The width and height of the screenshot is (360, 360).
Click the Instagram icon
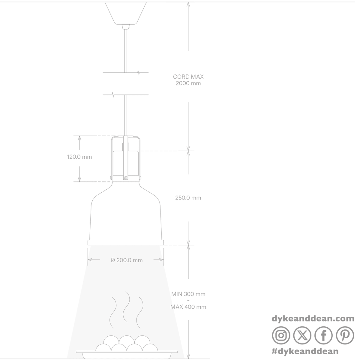pyautogui.click(x=281, y=335)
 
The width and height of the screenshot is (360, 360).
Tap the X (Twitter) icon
pyautogui.click(x=302, y=335)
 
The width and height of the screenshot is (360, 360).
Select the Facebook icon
pyautogui.click(x=324, y=335)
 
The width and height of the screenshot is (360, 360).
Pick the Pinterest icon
pyautogui.click(x=345, y=335)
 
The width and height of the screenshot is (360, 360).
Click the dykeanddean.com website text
pyautogui.click(x=313, y=319)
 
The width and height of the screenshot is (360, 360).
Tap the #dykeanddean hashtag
pyautogui.click(x=305, y=351)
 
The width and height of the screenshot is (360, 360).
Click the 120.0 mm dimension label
pyautogui.click(x=79, y=157)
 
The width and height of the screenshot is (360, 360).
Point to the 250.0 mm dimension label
pyautogui.click(x=188, y=198)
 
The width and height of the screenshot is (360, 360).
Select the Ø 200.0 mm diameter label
pyautogui.click(x=127, y=260)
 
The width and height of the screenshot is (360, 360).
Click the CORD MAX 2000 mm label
pyautogui.click(x=188, y=80)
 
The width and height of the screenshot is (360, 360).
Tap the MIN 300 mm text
pyautogui.click(x=188, y=294)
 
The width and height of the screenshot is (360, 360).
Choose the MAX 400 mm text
pyautogui.click(x=188, y=307)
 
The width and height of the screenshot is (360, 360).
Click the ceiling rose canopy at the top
pyautogui.click(x=125, y=13)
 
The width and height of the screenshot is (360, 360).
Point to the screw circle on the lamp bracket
pyautogui.click(x=125, y=178)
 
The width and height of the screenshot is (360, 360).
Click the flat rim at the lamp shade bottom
pyautogui.click(x=125, y=242)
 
